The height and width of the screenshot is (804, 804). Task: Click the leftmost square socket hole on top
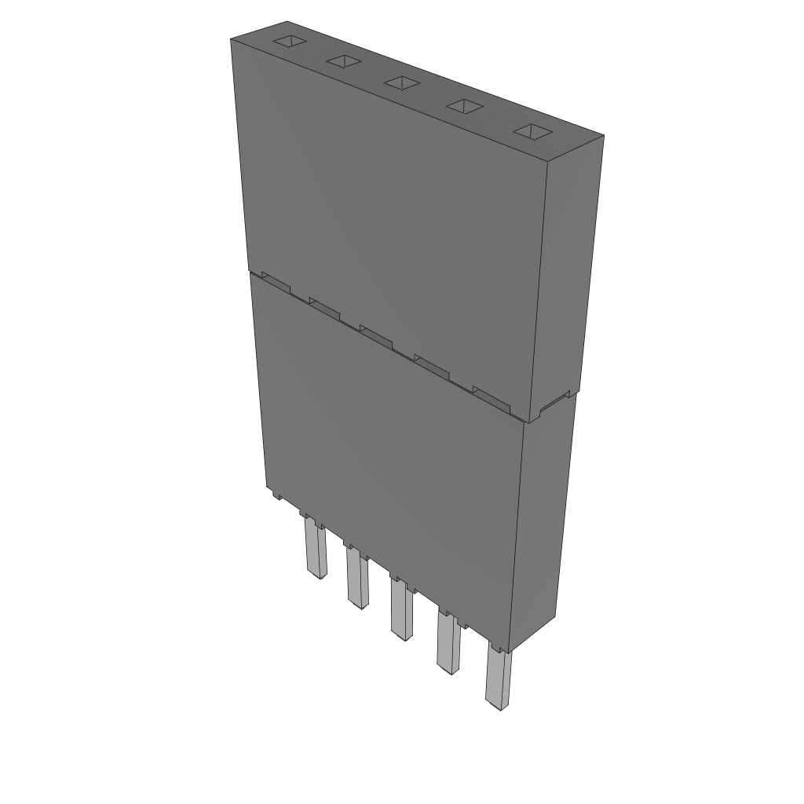coord(288,42)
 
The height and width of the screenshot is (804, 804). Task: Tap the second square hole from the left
coord(344,62)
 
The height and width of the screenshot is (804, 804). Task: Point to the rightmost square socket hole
coord(533,132)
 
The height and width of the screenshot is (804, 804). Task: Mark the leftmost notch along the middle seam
coord(275,282)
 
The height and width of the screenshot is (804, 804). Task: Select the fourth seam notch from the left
coord(431,364)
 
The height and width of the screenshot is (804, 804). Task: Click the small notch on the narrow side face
coord(554,401)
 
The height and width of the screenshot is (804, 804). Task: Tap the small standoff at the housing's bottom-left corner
coord(276,496)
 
